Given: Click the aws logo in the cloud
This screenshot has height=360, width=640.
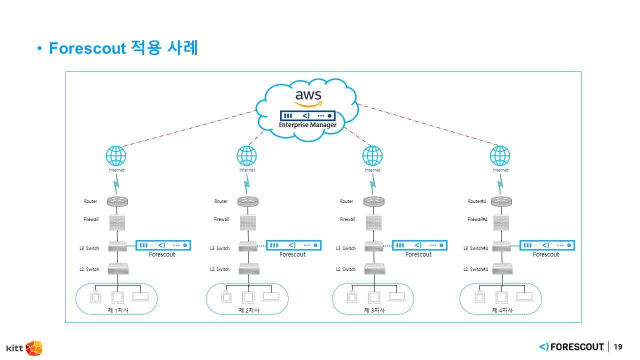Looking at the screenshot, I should (x=308, y=98).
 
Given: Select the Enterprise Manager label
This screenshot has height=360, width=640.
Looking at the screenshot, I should (x=307, y=124).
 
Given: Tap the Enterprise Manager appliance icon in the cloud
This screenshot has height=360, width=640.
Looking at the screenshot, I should (x=307, y=115).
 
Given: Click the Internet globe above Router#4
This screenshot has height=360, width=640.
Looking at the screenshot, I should (x=500, y=156).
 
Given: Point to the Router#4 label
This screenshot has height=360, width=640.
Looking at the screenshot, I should (x=477, y=201).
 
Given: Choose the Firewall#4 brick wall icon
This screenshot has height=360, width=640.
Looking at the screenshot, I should (x=501, y=222).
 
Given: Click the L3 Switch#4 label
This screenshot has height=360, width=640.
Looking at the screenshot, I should (x=475, y=248).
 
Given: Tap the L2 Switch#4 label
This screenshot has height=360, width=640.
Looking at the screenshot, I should (x=475, y=269).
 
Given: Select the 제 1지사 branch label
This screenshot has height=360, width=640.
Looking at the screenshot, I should (x=118, y=310).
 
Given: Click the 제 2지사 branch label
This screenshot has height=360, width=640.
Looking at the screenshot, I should (x=248, y=310).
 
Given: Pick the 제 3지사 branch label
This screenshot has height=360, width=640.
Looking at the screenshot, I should (x=374, y=310).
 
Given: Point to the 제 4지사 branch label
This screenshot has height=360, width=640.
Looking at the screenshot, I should (x=502, y=310).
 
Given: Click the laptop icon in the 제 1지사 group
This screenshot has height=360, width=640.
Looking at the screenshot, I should (x=140, y=296).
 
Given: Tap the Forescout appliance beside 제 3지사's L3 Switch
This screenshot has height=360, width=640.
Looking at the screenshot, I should (x=419, y=245).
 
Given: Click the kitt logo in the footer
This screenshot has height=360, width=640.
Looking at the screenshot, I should (x=24, y=347).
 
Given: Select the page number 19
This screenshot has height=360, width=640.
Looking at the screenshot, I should (x=618, y=346).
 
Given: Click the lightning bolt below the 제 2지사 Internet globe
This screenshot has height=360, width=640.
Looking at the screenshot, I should (x=246, y=187).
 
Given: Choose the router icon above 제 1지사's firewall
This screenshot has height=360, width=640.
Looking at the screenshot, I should (x=117, y=201).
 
